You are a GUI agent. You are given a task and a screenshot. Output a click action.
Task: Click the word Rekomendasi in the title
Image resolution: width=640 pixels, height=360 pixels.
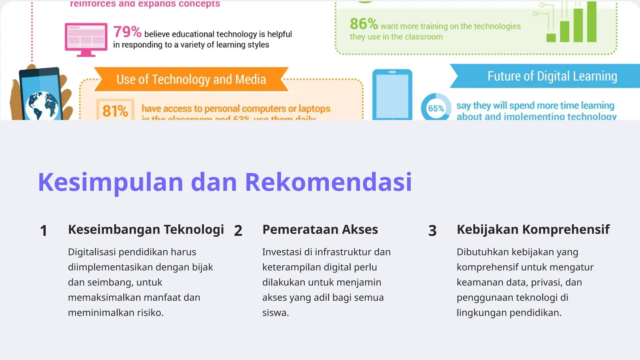tap(328, 182)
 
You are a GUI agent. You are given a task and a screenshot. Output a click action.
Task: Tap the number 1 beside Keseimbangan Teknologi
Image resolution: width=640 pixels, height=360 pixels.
tap(43, 231)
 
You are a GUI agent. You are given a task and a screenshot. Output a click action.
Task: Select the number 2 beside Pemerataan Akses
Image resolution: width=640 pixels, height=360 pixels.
tap(238, 231)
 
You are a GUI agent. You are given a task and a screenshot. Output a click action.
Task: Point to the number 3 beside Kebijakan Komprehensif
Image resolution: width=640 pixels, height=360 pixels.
tap(432, 231)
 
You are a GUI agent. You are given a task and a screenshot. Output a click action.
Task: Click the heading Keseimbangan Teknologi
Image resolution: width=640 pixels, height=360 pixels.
tap(146, 229)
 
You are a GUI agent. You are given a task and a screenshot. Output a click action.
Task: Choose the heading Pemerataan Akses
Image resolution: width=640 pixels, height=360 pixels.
tap(320, 229)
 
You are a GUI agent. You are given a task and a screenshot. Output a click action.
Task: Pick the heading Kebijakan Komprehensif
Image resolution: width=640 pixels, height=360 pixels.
tap(533, 229)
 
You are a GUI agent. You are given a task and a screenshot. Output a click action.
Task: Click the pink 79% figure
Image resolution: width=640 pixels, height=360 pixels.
tap(127, 32)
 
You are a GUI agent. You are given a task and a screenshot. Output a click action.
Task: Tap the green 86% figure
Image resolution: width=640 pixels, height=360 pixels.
tap(364, 24)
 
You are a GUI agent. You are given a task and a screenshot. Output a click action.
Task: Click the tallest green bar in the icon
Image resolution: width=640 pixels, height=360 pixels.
tap(592, 22)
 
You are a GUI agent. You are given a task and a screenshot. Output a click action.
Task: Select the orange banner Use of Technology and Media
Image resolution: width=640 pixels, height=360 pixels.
tap(191, 79)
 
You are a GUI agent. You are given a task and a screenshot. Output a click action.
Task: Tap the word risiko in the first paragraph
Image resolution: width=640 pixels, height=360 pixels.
tap(150, 313)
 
